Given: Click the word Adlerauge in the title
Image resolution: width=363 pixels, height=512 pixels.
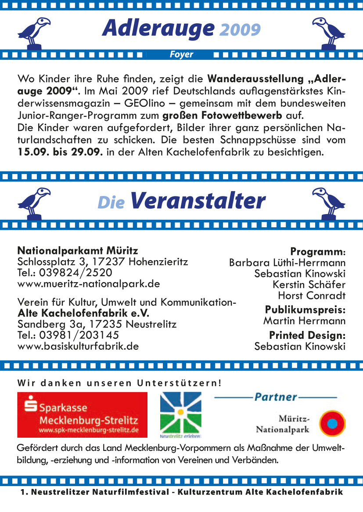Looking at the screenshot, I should coord(158,28).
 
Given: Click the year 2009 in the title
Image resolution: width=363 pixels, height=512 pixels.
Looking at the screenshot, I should coord(240,30).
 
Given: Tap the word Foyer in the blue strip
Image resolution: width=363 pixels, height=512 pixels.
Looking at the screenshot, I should coord(181,54).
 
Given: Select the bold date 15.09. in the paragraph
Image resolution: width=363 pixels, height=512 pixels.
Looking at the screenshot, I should coord(34,153).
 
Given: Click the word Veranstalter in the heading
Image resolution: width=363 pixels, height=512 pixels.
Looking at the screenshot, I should coord(198,201).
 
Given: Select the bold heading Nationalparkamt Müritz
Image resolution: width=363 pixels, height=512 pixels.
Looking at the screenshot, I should coord(78,251).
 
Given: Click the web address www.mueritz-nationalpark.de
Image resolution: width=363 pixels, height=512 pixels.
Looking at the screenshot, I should coord(89,283).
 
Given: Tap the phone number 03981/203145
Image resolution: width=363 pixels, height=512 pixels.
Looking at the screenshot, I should coord(79,335).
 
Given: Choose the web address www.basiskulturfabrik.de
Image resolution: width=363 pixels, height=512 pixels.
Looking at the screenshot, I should coord(78,346).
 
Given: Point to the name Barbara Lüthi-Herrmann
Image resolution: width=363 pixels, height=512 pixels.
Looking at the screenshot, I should coord(287,263).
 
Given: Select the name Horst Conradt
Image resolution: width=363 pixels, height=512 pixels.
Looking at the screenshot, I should coord(312,295).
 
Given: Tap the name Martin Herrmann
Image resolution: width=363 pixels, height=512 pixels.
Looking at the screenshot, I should coord(304,321).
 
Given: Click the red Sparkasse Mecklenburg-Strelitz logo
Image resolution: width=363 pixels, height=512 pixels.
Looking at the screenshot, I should coord(83,414).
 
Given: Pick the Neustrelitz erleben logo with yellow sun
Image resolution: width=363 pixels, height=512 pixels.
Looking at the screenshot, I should coord(180,415).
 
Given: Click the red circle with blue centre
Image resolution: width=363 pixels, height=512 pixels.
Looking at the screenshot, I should coord(332,424).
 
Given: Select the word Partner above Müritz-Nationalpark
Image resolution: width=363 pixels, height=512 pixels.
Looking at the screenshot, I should coord(275,397).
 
